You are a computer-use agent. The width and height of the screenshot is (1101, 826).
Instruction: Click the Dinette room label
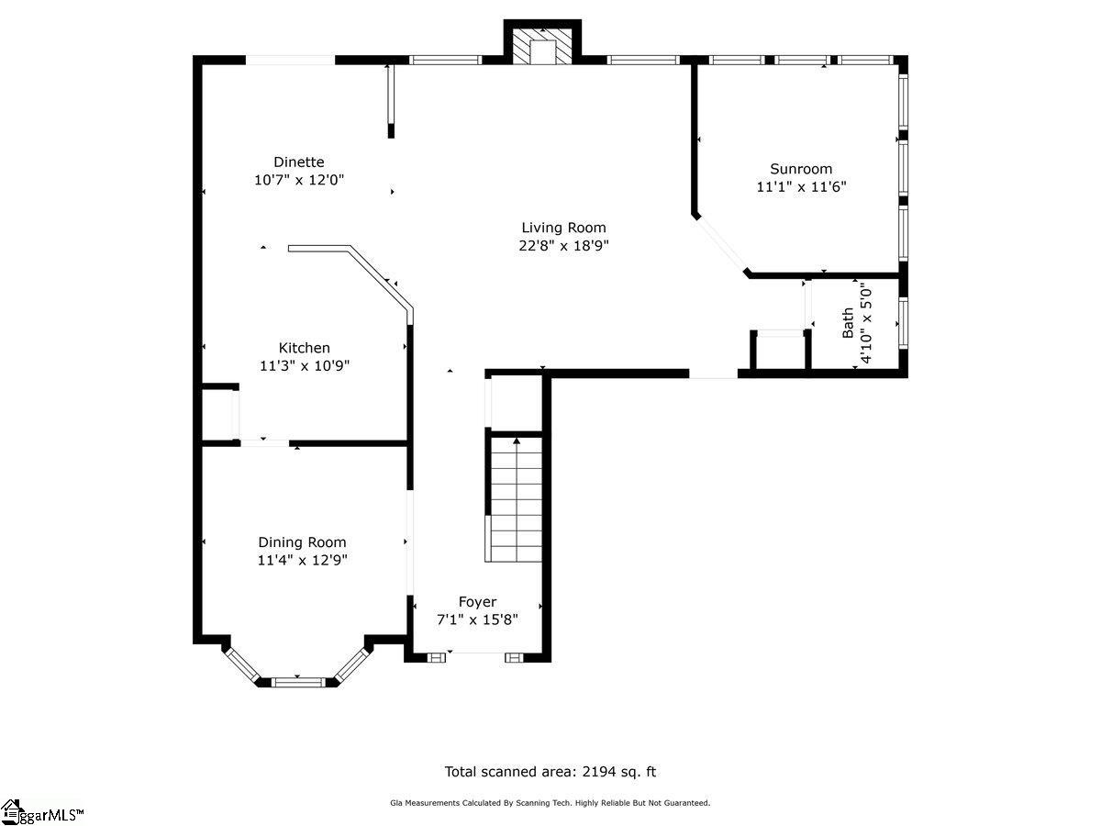pos(298,162)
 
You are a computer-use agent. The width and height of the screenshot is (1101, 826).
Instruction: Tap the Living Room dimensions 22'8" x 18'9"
pos(563,246)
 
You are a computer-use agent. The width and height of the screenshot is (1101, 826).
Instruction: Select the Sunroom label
pos(801,169)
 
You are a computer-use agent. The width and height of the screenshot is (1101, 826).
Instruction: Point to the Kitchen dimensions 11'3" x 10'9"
pos(305,365)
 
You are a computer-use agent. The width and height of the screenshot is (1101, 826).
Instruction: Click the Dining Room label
pos(302,542)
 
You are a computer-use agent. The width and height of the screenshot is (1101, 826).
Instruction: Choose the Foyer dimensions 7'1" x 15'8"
pos(477,619)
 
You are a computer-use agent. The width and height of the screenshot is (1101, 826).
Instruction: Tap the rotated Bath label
pos(848,323)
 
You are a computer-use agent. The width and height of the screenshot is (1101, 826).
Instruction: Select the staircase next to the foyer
pos(516,500)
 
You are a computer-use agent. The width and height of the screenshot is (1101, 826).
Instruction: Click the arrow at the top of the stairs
pos(517,442)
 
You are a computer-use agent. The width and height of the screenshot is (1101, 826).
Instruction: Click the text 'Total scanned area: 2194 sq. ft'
pos(550,772)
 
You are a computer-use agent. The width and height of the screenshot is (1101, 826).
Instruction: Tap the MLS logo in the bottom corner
pos(42,813)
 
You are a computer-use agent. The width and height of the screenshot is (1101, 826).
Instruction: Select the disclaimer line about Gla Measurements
pos(550,803)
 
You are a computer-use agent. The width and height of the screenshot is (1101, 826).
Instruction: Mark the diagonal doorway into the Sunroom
pos(722,244)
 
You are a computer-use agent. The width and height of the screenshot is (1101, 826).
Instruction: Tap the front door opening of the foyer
pos(477,655)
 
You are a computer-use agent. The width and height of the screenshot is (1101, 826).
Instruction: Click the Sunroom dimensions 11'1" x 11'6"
pos(801,186)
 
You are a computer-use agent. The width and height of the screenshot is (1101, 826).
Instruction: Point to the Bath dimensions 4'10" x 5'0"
pos(865,323)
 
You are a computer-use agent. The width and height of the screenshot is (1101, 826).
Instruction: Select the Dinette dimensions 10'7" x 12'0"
pos(298,181)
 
